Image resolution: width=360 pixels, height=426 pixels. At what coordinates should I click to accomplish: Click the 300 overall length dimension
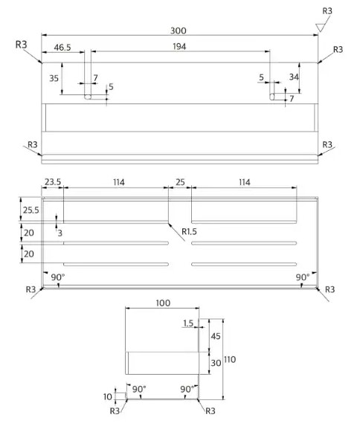179,30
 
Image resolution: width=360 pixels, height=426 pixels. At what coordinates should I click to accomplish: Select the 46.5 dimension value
62,48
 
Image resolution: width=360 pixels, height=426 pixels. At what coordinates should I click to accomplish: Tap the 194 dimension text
179,46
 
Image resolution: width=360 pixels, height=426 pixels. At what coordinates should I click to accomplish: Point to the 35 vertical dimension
54,78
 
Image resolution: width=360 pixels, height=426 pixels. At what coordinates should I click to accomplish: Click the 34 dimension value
294,77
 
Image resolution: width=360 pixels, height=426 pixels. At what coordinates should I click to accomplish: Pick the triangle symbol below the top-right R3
320,28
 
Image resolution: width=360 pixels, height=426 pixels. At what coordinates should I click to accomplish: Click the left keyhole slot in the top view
88,97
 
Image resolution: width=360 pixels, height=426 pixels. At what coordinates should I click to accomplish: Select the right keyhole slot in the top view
272,97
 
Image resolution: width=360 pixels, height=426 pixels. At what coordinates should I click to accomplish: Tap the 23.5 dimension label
53,182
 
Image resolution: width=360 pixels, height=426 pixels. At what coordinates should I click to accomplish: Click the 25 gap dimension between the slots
180,182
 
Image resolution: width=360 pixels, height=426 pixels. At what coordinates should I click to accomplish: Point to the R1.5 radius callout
189,232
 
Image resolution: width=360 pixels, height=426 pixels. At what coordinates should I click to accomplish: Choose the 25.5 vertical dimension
30,210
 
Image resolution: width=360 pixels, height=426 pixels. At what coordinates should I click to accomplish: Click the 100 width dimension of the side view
163,303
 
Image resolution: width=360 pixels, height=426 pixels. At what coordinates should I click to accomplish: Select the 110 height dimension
230,360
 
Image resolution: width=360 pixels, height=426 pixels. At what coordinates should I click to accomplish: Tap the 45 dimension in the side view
216,336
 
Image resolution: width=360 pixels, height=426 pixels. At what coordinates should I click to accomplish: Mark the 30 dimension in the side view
216,363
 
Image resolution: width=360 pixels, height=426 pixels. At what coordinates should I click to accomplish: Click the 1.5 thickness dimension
188,323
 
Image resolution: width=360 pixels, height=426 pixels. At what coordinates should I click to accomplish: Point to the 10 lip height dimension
108,397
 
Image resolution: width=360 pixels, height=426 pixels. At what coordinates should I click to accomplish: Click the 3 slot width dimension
60,233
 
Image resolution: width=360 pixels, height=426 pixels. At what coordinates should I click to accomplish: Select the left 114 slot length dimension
119,182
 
